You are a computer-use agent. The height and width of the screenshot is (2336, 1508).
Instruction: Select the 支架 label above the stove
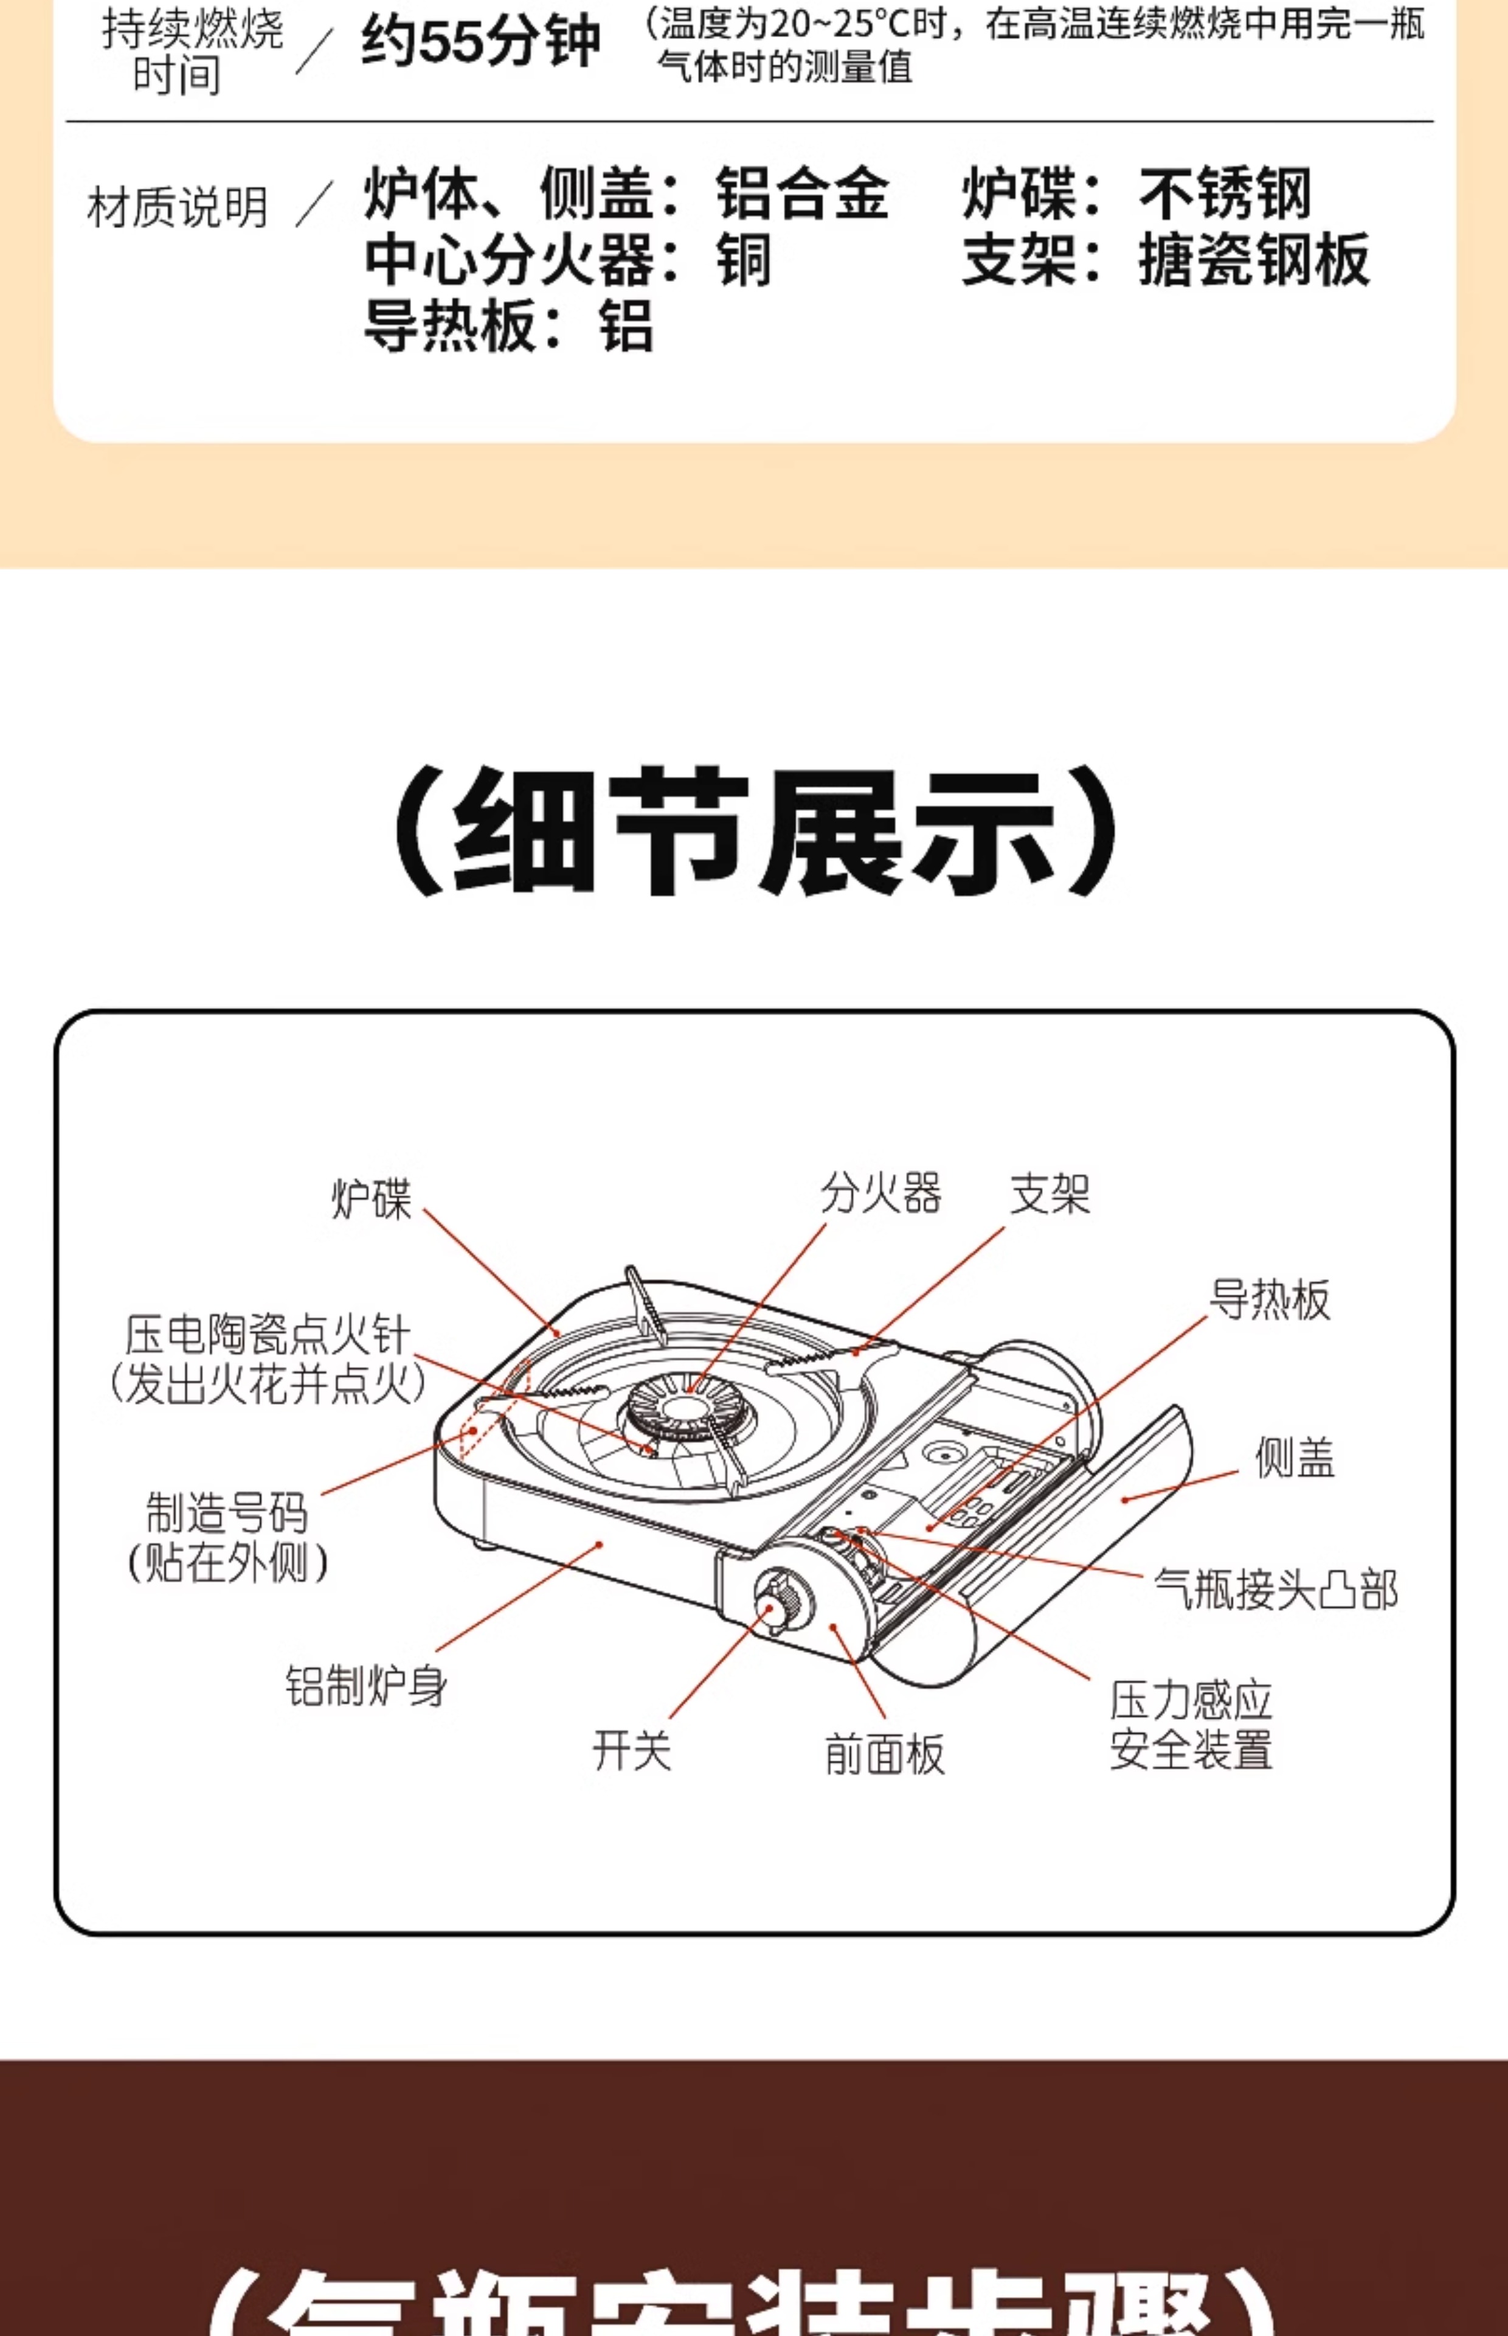[x=1050, y=1193]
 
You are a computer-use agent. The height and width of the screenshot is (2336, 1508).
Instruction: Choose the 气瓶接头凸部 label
[x=1275, y=1589]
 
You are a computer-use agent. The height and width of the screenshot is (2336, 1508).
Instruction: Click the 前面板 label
[x=884, y=1753]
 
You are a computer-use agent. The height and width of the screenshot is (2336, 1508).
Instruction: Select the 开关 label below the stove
[x=632, y=1750]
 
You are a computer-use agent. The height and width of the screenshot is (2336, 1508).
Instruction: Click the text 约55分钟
[x=480, y=42]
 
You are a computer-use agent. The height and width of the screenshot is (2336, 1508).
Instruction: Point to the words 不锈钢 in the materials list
[x=1225, y=193]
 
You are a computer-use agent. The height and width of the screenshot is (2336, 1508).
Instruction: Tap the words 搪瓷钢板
[x=1253, y=260]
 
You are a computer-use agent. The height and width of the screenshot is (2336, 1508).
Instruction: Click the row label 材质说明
[x=177, y=207]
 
